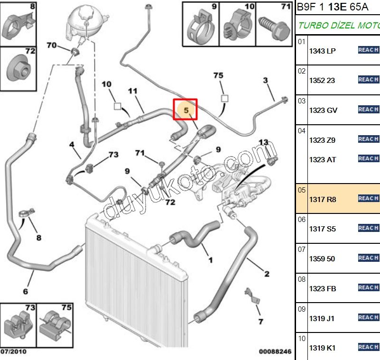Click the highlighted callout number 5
(x=186, y=110)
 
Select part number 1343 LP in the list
(x=322, y=51)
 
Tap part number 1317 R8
(x=322, y=199)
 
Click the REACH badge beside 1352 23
(x=368, y=80)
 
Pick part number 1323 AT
(x=322, y=159)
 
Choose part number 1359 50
(x=322, y=259)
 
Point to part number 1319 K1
(x=322, y=348)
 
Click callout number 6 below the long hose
(x=26, y=291)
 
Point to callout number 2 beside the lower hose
(x=267, y=274)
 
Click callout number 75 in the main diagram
(x=218, y=75)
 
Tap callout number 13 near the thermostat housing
(x=263, y=142)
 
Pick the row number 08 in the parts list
(x=302, y=279)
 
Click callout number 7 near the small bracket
(x=260, y=322)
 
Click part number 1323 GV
(x=323, y=110)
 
